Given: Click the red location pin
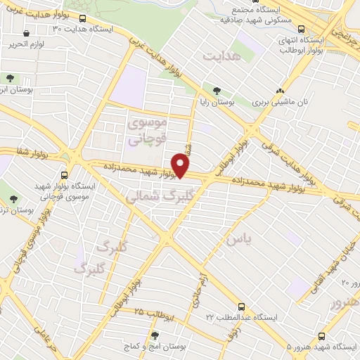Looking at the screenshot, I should pyautogui.click(x=181, y=166).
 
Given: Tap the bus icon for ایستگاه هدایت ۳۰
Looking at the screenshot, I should pyautogui.click(x=84, y=19).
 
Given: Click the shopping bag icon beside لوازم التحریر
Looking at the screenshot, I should pyautogui.click(x=26, y=33).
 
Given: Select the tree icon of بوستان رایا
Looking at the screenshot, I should pyautogui.click(x=217, y=91).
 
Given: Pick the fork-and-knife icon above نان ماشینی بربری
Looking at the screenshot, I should pyautogui.click(x=280, y=91).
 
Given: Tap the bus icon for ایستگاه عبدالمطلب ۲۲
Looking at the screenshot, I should pyautogui.click(x=241, y=307).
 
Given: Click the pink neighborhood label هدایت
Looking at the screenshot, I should pyautogui.click(x=221, y=53).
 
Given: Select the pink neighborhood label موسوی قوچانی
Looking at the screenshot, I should pyautogui.click(x=148, y=130).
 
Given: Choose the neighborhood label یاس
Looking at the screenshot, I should pyautogui.click(x=238, y=240).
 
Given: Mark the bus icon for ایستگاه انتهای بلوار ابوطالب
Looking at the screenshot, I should pyautogui.click(x=301, y=29).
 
